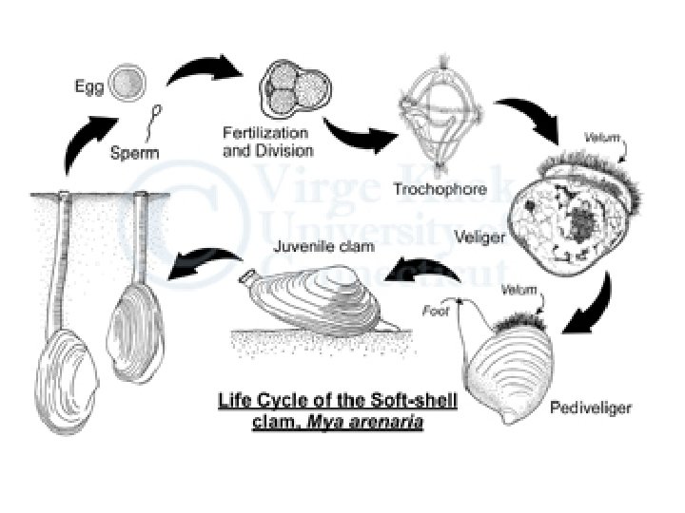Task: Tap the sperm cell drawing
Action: coord(154,122)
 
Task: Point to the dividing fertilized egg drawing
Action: coord(291,91)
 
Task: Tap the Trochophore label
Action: coord(440,189)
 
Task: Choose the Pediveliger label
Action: coord(591,408)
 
